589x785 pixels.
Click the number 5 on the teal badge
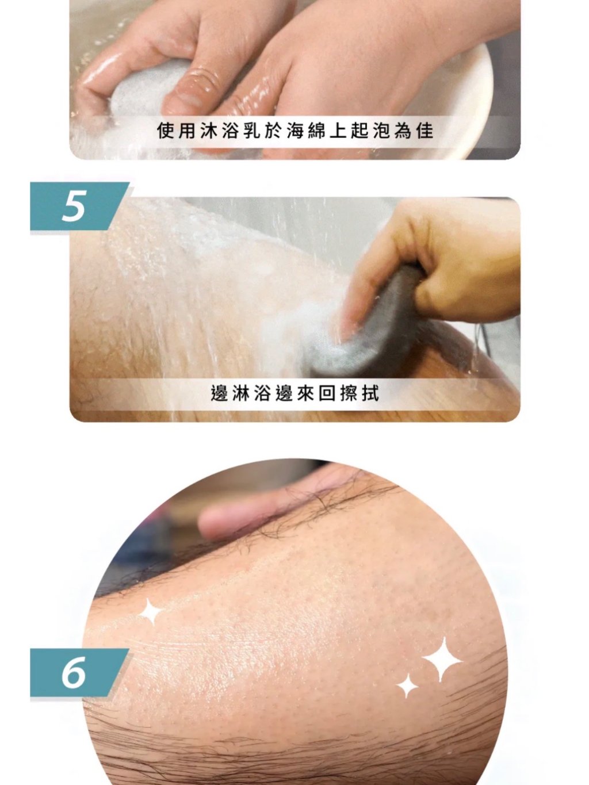click(x=74, y=206)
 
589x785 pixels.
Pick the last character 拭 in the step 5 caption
click(x=370, y=393)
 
